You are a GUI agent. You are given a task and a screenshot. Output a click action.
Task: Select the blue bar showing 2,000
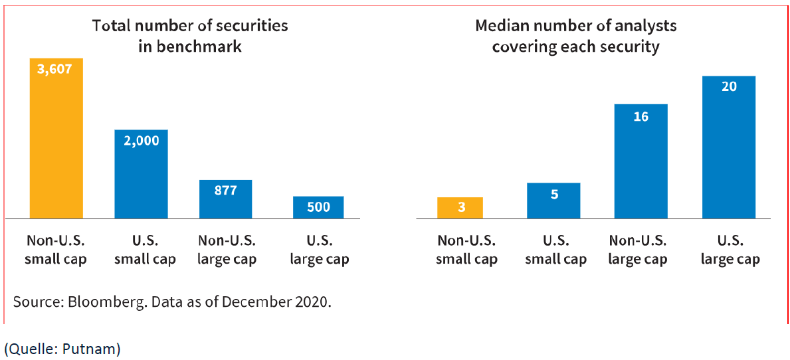click(x=141, y=174)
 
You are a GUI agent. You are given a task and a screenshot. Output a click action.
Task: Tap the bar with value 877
click(x=226, y=199)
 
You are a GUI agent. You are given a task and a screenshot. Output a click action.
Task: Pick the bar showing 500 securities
click(x=318, y=207)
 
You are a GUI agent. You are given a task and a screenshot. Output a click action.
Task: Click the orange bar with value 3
click(x=460, y=208)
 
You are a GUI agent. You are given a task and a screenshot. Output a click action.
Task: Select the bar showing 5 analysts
click(x=553, y=201)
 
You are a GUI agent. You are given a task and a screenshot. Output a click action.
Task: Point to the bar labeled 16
click(x=641, y=161)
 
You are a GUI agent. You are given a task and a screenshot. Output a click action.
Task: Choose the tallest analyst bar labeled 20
click(x=729, y=147)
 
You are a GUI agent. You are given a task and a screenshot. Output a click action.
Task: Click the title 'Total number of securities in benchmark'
click(x=190, y=36)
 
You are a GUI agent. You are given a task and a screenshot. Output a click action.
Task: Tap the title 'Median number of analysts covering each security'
click(x=575, y=36)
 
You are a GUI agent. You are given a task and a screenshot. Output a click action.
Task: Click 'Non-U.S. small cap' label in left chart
click(x=56, y=250)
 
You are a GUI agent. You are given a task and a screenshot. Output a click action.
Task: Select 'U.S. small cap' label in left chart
click(x=145, y=250)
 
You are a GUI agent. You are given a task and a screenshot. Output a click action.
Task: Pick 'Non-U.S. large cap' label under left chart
click(x=227, y=250)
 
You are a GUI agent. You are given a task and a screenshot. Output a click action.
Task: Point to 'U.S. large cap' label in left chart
click(x=320, y=250)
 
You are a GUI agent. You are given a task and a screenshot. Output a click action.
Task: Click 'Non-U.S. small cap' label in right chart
click(x=466, y=250)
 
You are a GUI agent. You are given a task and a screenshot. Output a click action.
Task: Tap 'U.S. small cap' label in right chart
click(x=556, y=250)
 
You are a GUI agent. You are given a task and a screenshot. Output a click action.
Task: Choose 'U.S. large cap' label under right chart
click(x=730, y=250)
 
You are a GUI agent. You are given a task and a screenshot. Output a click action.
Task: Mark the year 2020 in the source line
click(x=313, y=302)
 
